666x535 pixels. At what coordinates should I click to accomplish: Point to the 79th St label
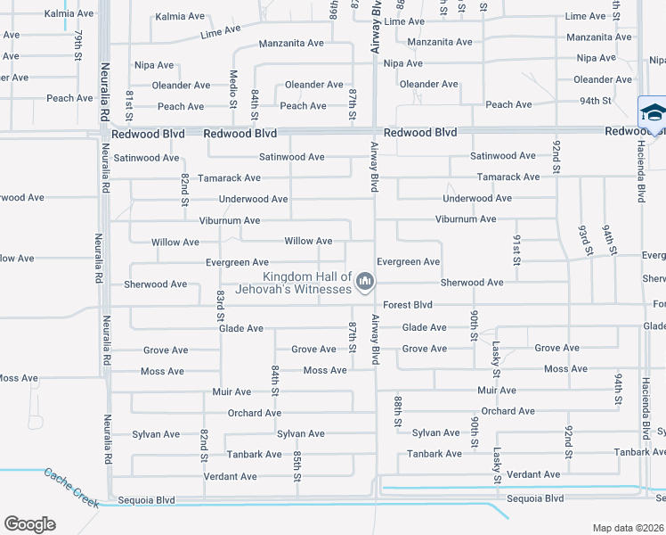coord(79,44)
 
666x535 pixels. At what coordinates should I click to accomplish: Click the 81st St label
coord(129,104)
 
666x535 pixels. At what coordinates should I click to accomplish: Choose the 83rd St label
coord(220,304)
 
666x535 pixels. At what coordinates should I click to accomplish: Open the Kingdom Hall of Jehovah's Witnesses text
coord(307,283)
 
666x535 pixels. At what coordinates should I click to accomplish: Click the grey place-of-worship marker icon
coord(364,283)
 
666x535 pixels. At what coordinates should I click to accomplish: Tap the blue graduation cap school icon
coord(652,112)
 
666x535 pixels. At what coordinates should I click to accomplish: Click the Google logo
coord(29,524)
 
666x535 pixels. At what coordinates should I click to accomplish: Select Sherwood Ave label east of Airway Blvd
coord(472,283)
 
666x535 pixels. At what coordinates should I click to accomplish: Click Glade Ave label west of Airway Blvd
coord(241,328)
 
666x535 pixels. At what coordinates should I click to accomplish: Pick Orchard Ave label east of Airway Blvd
coord(508,411)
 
